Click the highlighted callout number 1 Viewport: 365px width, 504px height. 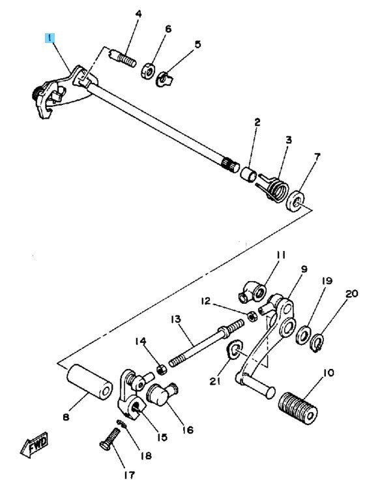tap(50, 38)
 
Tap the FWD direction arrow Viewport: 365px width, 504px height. tap(35, 445)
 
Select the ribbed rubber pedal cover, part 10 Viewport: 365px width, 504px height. tap(298, 409)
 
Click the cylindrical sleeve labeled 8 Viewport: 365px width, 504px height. tap(89, 382)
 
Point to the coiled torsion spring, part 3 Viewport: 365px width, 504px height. tap(275, 188)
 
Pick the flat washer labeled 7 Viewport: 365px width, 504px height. tap(296, 201)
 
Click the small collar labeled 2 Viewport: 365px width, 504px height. tap(248, 174)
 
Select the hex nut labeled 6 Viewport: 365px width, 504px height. tap(148, 70)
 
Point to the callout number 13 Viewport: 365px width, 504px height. tap(176, 319)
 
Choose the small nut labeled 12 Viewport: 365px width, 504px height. tap(252, 316)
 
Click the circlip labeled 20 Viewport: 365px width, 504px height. tap(318, 343)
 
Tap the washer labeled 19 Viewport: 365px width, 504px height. tap(303, 335)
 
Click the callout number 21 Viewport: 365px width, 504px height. tap(215, 381)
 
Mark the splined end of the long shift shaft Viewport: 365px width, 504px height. tap(230, 164)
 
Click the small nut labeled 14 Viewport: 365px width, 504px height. tap(162, 369)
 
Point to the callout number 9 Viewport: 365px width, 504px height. tap(304, 269)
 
